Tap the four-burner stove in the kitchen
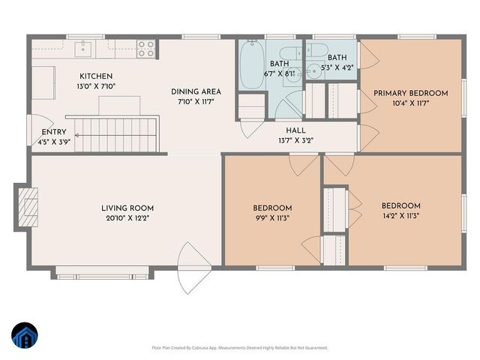pyautogui.click(x=146, y=49)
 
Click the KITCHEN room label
pyautogui.click(x=96, y=76)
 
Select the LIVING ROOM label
pyautogui.click(x=127, y=208)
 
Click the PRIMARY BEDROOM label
pyautogui.click(x=410, y=93)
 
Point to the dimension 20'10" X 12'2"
pyautogui.click(x=127, y=219)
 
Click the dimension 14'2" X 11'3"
pyautogui.click(x=400, y=216)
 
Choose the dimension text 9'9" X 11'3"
pyautogui.click(x=271, y=218)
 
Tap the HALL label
pyautogui.click(x=284, y=130)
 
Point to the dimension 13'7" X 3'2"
pyautogui.click(x=284, y=139)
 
